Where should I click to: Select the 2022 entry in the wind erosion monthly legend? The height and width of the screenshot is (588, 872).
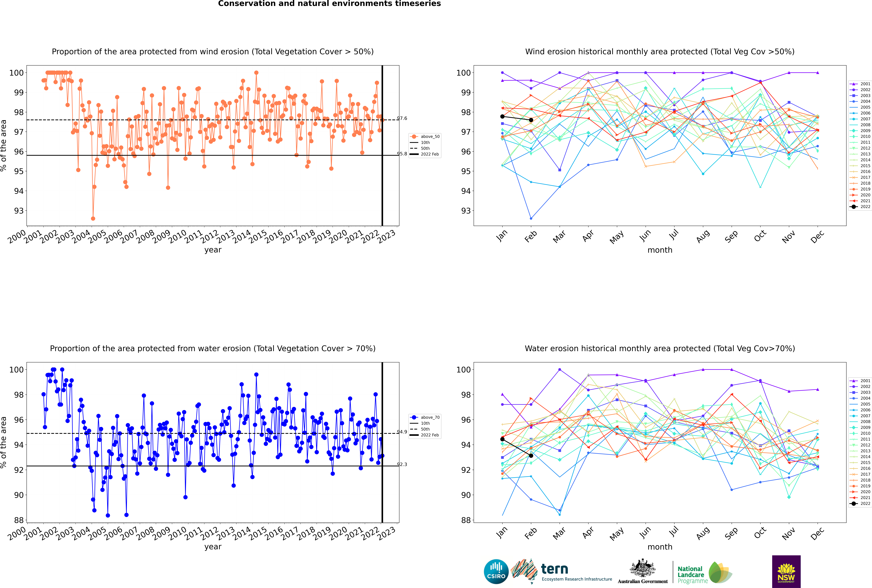pyautogui.click(x=860, y=207)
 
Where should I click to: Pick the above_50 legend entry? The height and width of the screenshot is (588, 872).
pyautogui.click(x=425, y=137)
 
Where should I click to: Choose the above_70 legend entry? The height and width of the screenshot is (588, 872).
pyautogui.click(x=425, y=417)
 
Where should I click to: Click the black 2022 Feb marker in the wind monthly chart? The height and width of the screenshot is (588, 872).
pyautogui.click(x=531, y=120)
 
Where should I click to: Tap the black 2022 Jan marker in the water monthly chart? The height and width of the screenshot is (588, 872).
pyautogui.click(x=502, y=439)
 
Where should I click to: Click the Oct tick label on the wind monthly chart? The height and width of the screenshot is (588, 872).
pyautogui.click(x=760, y=236)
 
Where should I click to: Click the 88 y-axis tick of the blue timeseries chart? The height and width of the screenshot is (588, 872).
pyautogui.click(x=19, y=520)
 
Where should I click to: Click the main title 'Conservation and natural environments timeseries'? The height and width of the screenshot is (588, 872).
pyautogui.click(x=330, y=4)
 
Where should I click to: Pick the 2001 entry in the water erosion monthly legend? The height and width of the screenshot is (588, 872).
pyautogui.click(x=860, y=381)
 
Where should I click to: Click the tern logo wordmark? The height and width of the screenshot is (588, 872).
pyautogui.click(x=554, y=569)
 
